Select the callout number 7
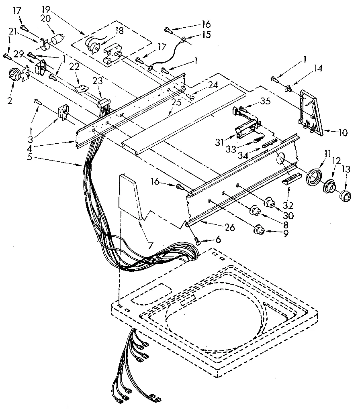tap(150, 245)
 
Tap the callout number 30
tap(289, 216)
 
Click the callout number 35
tap(264, 101)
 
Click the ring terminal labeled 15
tap(183, 39)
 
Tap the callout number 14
tap(318, 69)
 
